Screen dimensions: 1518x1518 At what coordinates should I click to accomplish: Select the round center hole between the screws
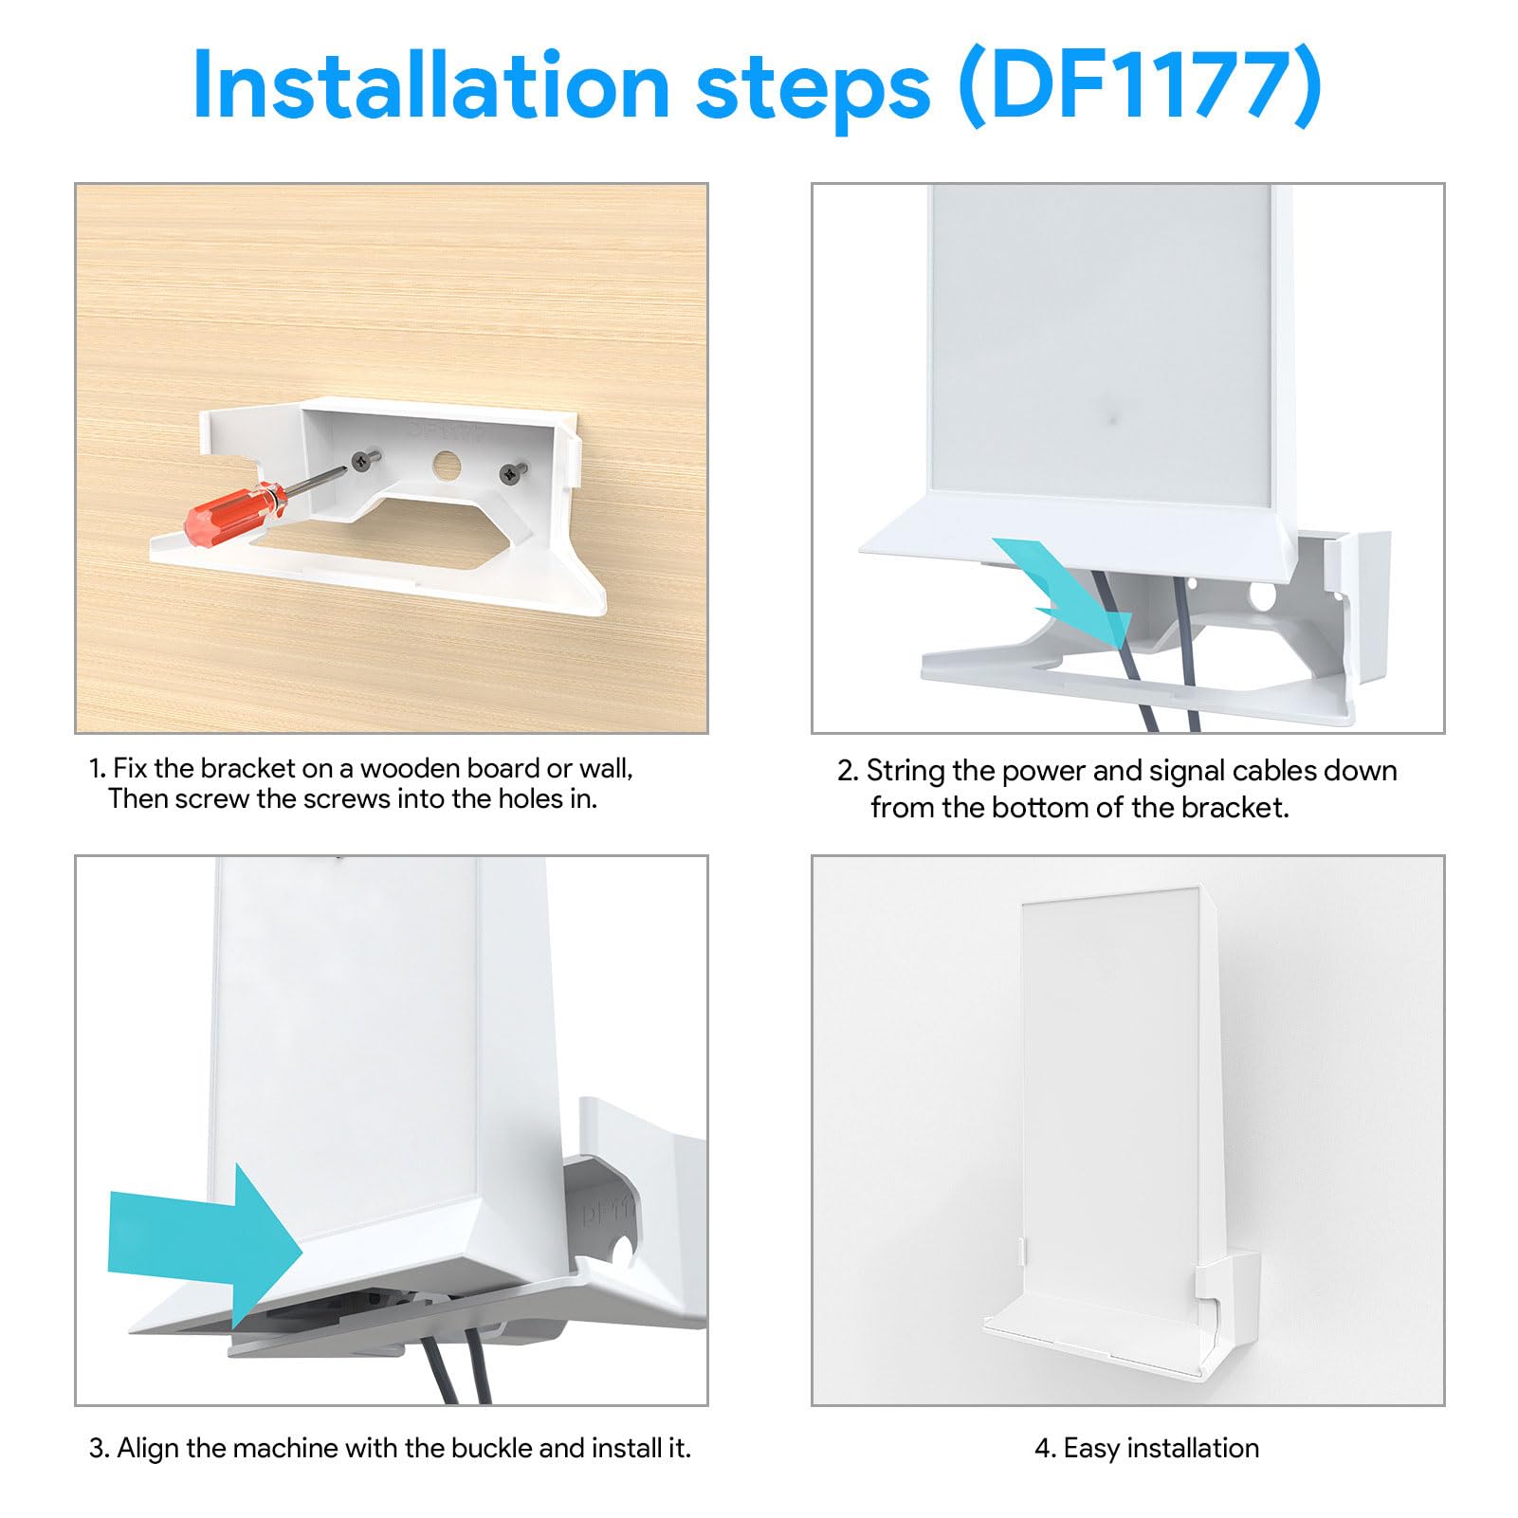click(446, 465)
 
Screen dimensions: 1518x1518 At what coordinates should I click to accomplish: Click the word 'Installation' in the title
click(431, 87)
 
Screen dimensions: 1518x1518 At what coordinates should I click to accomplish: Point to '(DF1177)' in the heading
click(1141, 87)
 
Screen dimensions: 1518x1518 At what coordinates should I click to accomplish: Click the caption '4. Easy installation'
click(1146, 1448)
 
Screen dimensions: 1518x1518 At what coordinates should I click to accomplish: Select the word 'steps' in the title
click(813, 87)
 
